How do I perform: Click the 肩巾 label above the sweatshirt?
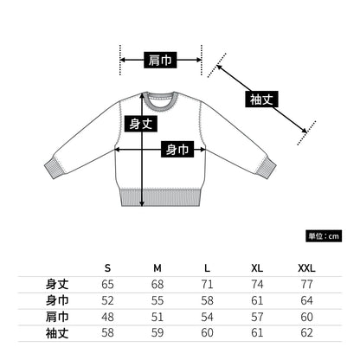159,60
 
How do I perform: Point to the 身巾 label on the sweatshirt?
177,149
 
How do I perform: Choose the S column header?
107,267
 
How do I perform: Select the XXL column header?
306,267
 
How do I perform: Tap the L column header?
207,267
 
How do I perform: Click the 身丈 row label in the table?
57,284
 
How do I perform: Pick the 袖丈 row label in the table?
57,332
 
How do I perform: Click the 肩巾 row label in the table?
57,316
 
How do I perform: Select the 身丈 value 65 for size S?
107,284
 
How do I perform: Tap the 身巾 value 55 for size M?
157,300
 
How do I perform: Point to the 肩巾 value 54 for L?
207,317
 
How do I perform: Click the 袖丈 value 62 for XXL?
306,333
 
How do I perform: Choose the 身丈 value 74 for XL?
256,284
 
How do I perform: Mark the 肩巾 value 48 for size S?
107,317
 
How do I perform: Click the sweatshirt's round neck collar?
159,95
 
